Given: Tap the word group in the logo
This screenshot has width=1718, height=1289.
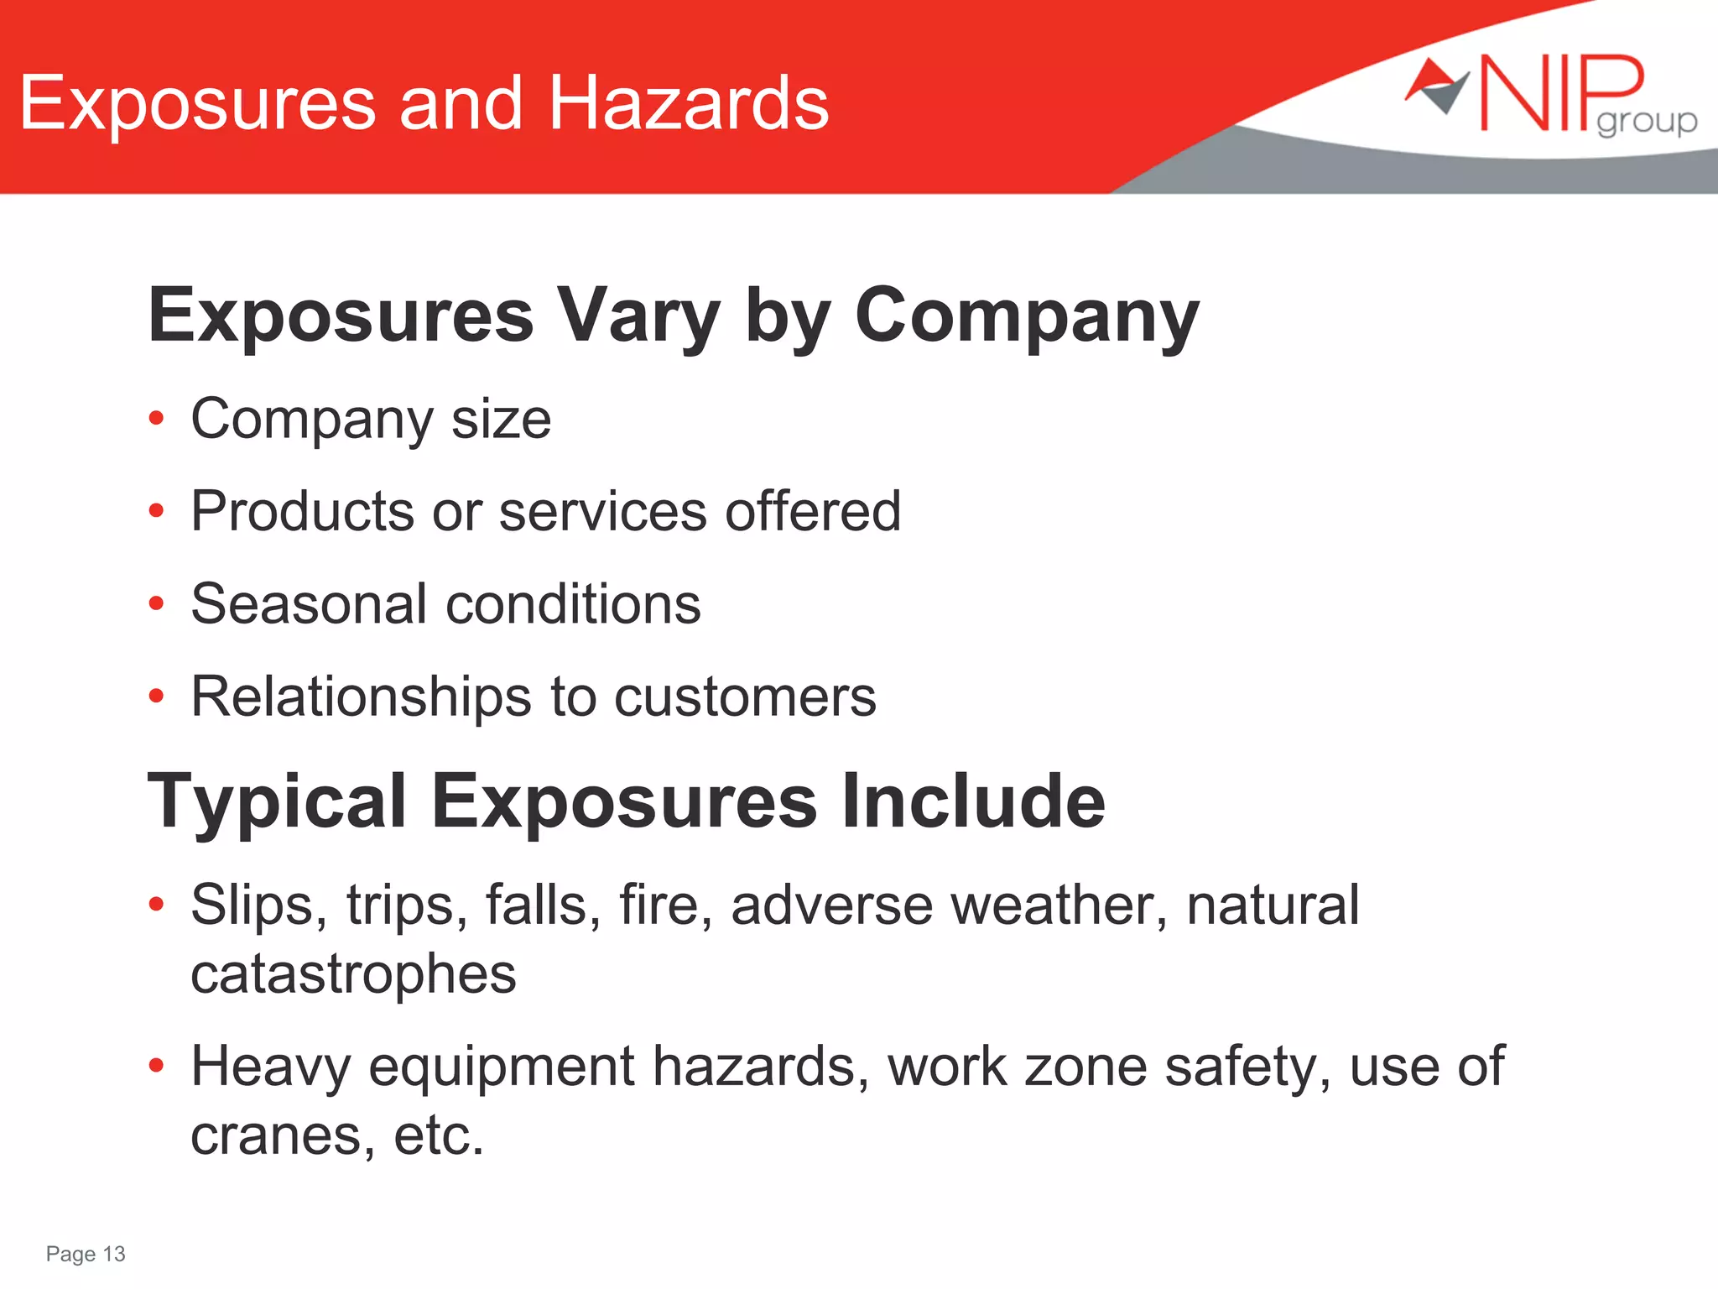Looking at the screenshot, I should [x=1646, y=123].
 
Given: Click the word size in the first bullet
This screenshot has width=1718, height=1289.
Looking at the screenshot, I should [x=501, y=419].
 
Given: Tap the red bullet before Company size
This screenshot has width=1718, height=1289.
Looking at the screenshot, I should [x=156, y=418].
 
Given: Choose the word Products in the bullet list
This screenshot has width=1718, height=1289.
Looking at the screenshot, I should [x=302, y=511].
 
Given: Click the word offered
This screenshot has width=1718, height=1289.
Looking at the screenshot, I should [x=812, y=511].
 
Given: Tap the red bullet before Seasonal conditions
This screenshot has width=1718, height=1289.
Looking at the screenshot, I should [x=156, y=603].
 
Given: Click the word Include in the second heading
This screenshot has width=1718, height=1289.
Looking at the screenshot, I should [x=973, y=801].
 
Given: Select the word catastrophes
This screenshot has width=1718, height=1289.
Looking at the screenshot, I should [x=353, y=974].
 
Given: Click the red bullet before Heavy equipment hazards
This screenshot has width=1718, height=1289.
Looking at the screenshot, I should [x=156, y=1066].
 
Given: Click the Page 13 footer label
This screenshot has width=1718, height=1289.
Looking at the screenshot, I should [x=86, y=1254].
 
